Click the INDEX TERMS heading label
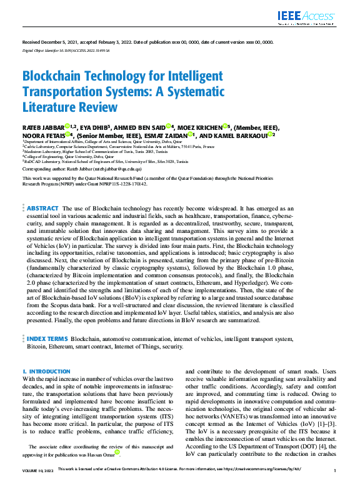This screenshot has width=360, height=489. (x=48, y=339)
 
